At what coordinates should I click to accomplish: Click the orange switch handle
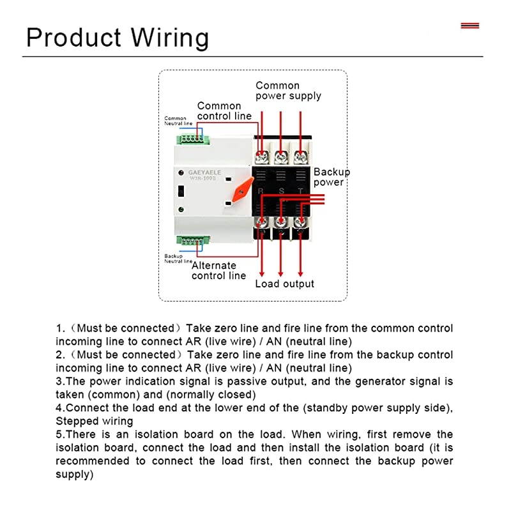[241, 190]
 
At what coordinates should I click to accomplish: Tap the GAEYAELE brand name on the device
[204, 172]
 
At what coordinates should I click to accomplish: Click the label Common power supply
[288, 91]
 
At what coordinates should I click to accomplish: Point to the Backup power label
[332, 177]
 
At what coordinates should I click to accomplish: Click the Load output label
[285, 284]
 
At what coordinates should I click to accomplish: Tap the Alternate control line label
[218, 271]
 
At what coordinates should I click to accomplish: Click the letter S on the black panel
[280, 191]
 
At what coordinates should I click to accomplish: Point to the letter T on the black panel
[300, 191]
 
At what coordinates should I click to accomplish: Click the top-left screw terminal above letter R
[262, 156]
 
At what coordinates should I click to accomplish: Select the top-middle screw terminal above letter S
[280, 156]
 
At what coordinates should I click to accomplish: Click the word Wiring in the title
[170, 37]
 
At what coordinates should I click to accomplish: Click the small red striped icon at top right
[469, 26]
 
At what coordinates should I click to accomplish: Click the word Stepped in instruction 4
[77, 421]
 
